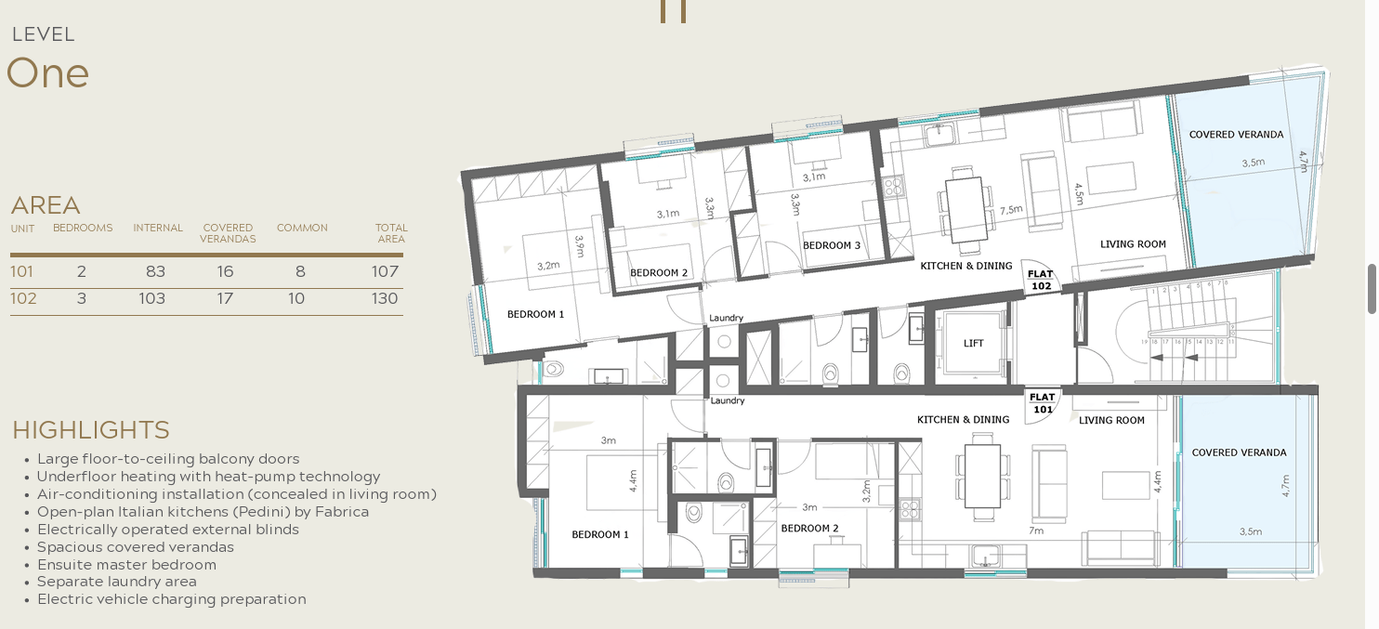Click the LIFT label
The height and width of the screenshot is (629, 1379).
[x=973, y=344]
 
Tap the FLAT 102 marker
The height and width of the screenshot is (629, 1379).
[x=1041, y=280]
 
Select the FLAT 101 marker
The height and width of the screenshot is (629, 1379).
[x=1043, y=403]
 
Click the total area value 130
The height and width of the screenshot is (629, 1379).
[x=385, y=298]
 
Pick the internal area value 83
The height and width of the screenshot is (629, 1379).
[x=156, y=271]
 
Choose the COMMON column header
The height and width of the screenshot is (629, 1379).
[x=302, y=228]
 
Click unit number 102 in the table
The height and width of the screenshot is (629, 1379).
[x=23, y=298]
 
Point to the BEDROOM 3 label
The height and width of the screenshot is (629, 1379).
[x=831, y=245]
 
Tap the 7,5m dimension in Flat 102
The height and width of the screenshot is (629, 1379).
[x=1011, y=210]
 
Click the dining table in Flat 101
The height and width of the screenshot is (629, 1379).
[x=982, y=476]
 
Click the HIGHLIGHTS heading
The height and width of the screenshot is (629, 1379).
[x=91, y=430]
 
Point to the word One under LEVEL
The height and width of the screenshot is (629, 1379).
[x=48, y=73]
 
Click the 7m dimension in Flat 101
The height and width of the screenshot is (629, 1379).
[x=1036, y=531]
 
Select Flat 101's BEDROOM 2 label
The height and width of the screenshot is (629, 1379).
[x=809, y=528]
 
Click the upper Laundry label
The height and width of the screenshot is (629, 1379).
[x=726, y=318]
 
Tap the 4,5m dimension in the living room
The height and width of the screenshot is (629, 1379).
[x=1079, y=194]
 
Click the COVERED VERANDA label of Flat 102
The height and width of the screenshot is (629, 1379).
[x=1236, y=134]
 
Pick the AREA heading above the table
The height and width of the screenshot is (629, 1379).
[x=46, y=205]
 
